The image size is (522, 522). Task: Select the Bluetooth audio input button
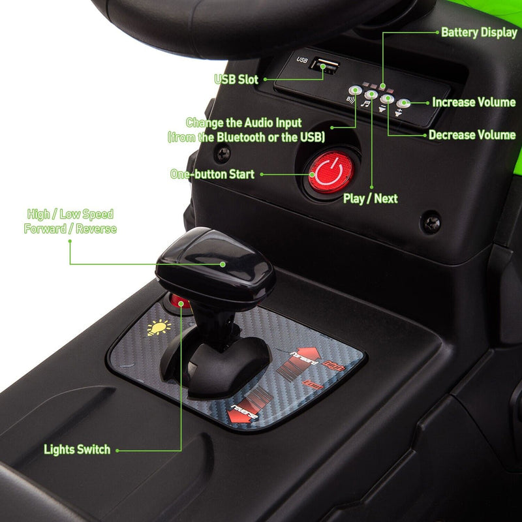[354, 91]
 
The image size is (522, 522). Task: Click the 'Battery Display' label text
[479, 32]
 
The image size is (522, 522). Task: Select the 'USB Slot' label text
[236, 80]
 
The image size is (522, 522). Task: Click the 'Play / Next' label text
[370, 198]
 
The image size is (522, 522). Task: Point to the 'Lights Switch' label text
[77, 449]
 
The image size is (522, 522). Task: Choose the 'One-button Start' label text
[212, 174]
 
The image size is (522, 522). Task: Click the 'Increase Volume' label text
[474, 102]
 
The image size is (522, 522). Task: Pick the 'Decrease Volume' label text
[472, 135]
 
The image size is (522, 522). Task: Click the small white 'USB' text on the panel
[301, 60]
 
